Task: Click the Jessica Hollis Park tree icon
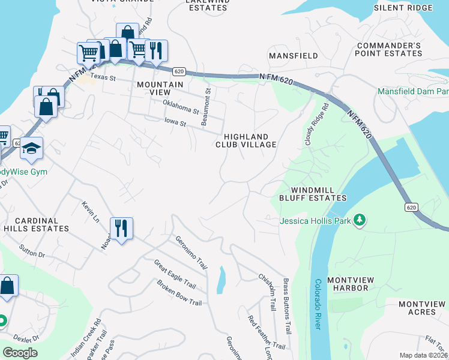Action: point(360,221)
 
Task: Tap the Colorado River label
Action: point(317,304)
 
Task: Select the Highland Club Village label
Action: point(246,140)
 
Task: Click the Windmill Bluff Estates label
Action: point(312,193)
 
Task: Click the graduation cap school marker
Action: point(31,148)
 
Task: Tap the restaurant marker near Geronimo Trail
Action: point(121,229)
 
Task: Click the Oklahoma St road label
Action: point(181,107)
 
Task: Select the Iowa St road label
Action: point(176,123)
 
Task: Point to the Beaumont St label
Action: point(207,107)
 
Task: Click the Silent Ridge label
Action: point(403,8)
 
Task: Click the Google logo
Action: point(20,352)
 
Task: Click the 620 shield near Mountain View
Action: point(178,71)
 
